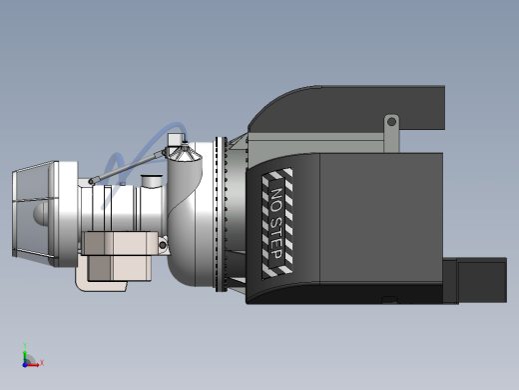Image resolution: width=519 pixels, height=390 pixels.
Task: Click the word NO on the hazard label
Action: tap(276, 199)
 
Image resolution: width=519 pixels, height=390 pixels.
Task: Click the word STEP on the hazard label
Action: tap(276, 238)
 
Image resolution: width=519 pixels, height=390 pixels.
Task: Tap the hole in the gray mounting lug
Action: tap(391, 122)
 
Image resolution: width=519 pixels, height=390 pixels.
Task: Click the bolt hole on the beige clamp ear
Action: tap(163, 245)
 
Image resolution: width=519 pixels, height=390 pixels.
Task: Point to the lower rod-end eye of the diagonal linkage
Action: tap(91, 181)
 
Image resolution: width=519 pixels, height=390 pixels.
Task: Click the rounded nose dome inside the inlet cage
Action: tap(41, 213)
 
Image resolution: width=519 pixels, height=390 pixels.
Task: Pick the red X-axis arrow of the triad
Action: tap(33, 365)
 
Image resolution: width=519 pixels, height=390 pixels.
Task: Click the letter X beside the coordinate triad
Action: tap(42, 362)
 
